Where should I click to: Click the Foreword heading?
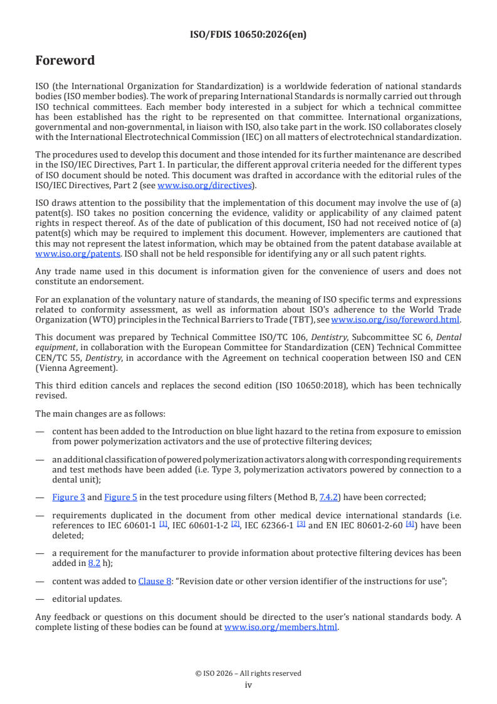(65, 61)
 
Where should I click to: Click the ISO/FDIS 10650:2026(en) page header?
(248, 35)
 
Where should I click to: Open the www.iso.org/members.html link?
(281, 626)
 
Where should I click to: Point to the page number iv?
(248, 685)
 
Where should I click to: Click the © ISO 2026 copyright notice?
(248, 673)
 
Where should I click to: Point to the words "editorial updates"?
(80, 599)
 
